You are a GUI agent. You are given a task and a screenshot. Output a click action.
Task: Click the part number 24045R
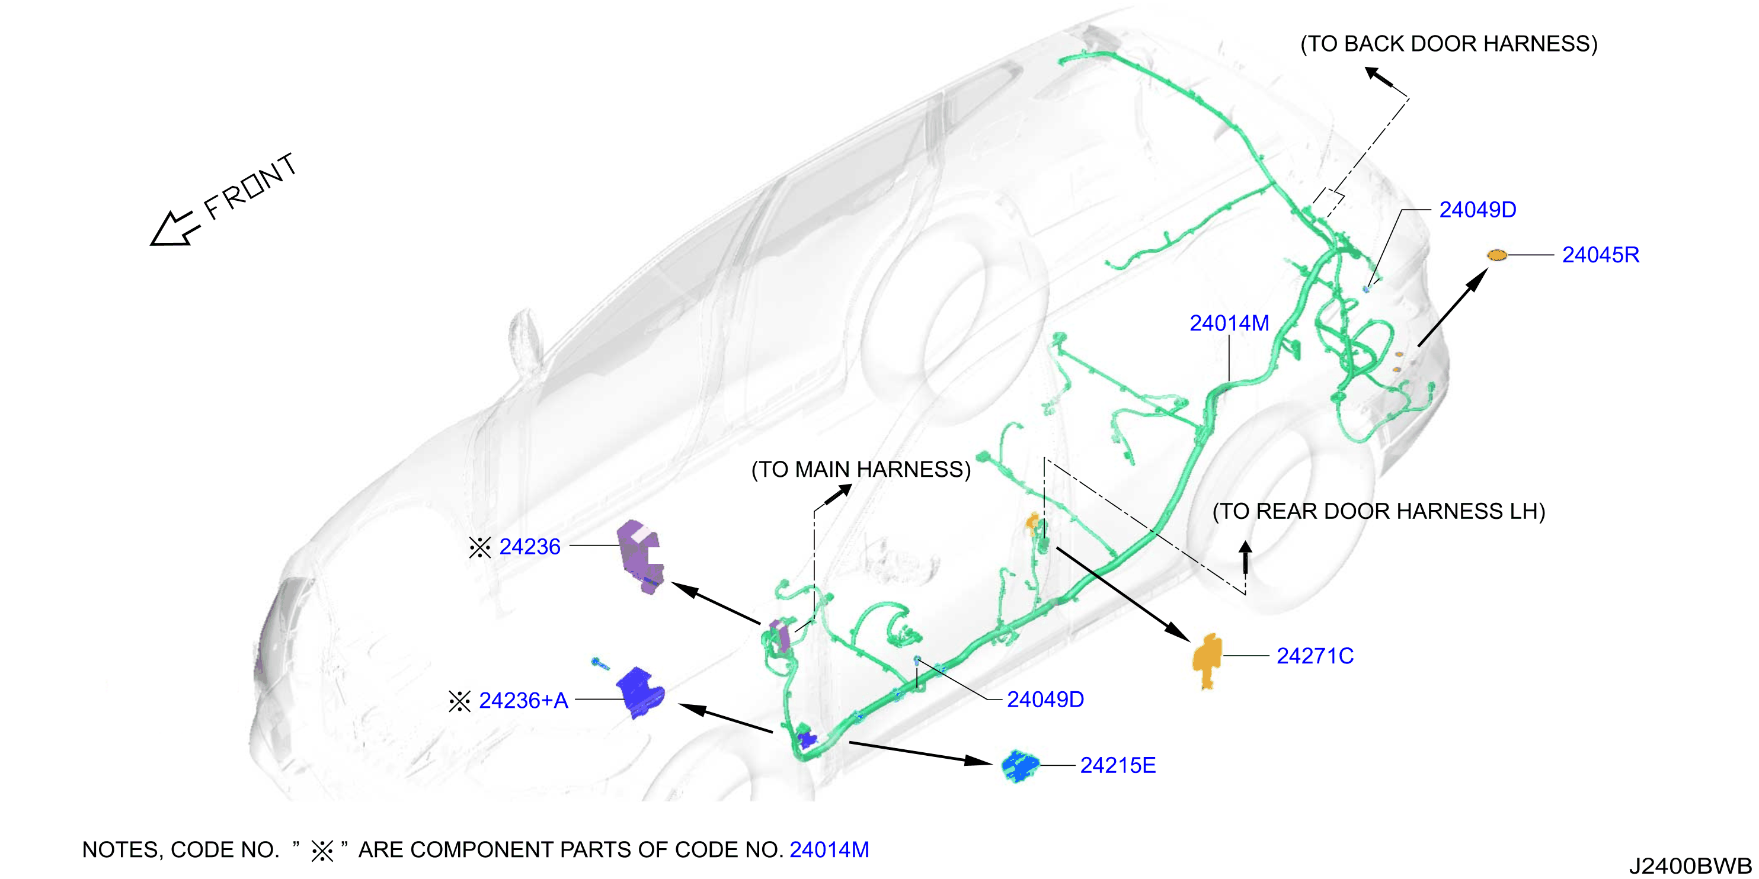click(x=1600, y=255)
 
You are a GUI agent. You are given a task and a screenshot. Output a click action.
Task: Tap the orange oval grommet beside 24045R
click(x=1497, y=255)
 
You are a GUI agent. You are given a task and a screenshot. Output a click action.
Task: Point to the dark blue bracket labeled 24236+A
click(x=640, y=692)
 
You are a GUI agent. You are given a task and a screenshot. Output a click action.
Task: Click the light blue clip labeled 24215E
click(x=1019, y=766)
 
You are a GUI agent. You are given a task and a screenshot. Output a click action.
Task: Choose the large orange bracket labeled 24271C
click(x=1207, y=660)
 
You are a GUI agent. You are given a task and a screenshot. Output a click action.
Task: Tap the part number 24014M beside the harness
click(x=1229, y=323)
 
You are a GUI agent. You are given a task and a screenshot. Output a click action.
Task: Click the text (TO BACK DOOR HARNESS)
click(x=1448, y=44)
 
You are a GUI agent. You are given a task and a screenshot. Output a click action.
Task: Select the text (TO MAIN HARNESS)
click(x=861, y=470)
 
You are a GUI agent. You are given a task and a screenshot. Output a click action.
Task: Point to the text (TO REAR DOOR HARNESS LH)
click(x=1378, y=511)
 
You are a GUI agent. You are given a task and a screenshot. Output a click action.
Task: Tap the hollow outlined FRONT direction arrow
click(x=174, y=229)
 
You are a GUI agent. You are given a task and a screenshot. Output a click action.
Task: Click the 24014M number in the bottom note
click(x=829, y=849)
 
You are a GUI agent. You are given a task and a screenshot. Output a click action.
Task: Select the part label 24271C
click(x=1315, y=656)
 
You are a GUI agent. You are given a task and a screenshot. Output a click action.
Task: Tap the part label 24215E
click(x=1118, y=766)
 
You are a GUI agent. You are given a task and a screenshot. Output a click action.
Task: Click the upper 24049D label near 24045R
click(x=1477, y=210)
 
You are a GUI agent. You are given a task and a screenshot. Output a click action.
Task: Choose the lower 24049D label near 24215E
click(x=1045, y=700)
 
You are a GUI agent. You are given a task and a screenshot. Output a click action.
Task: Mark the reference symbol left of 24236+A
click(x=459, y=701)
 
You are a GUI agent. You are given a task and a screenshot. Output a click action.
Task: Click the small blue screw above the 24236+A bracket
click(x=600, y=663)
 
